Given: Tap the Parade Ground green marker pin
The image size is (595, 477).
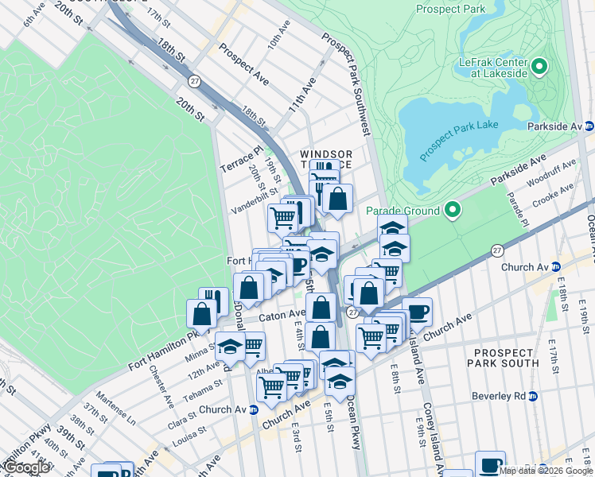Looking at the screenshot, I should coord(453,211).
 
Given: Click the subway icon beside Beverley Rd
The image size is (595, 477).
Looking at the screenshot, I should coord(534,396).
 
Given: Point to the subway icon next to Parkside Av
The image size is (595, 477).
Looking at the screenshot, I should coord(589,126).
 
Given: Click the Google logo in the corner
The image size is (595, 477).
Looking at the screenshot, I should coord(27,467).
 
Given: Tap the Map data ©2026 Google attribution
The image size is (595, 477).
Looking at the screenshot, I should coord(546,471).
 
